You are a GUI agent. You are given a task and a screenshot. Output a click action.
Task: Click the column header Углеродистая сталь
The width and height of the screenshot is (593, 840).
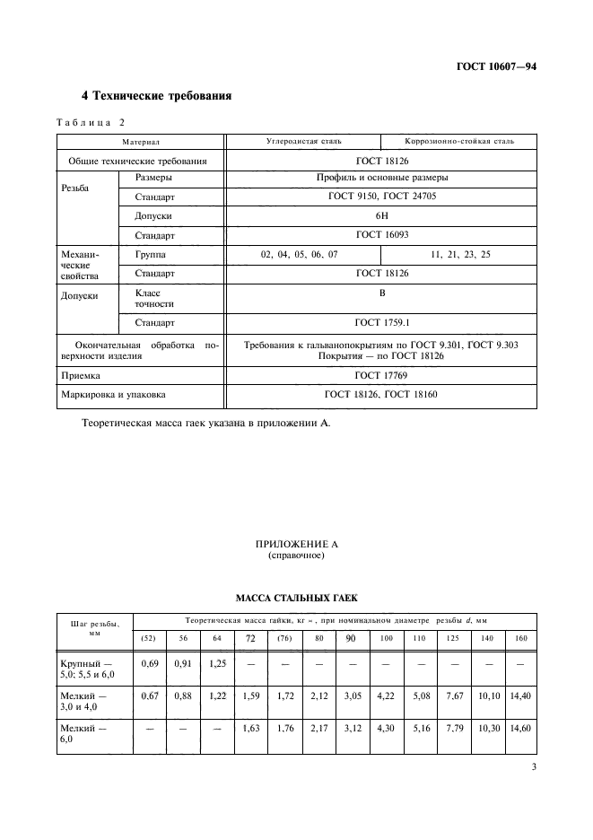[303, 142]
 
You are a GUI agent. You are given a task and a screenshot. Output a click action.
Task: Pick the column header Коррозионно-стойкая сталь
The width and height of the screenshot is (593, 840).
[458, 142]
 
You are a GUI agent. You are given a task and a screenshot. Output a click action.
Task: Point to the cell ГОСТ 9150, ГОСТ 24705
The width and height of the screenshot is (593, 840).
[381, 196]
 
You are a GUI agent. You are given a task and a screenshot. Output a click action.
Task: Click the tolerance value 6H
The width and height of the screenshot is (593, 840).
[381, 216]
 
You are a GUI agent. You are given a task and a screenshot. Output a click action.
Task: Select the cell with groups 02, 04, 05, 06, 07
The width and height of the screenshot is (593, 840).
[300, 255]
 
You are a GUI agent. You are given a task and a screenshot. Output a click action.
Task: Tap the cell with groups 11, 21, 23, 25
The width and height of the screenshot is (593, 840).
[459, 255]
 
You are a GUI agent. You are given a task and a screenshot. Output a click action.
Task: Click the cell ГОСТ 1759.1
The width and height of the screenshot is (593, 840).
[381, 321]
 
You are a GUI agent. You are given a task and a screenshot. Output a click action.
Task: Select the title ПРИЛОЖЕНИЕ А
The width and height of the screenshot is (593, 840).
[295, 545]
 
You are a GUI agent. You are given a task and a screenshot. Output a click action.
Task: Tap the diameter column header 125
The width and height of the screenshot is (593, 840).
[453, 637]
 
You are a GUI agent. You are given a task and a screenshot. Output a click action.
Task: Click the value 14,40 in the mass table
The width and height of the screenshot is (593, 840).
[519, 695]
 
